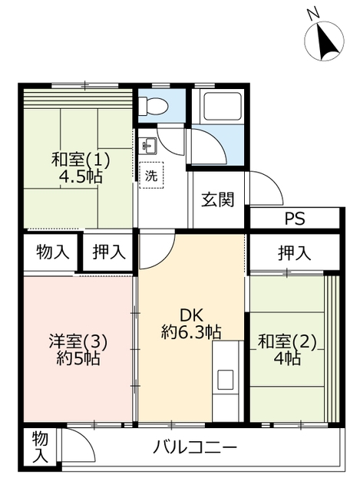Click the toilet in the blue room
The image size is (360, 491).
[x=154, y=106]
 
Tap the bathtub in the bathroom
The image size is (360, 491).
[x=223, y=106]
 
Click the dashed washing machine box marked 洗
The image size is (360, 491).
[x=151, y=175]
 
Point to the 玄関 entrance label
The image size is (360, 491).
[x=217, y=199]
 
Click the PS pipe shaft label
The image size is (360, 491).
[x=295, y=219]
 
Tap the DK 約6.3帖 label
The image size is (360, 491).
[x=191, y=324]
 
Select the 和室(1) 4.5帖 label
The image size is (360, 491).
[x=81, y=168]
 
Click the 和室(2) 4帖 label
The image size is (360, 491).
[x=287, y=350]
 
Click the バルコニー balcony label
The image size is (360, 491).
[x=194, y=447]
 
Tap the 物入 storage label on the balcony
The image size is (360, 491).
[x=40, y=447]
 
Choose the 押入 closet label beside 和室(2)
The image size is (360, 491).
[x=294, y=253]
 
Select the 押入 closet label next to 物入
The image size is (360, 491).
[x=109, y=252]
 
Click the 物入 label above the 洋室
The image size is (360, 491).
[x=53, y=252]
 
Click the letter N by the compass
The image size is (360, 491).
[x=312, y=15]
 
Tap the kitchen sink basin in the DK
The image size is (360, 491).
[x=225, y=380]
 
